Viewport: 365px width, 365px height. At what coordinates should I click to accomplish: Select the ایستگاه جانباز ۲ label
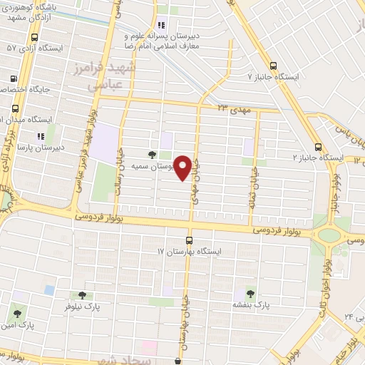[319, 157]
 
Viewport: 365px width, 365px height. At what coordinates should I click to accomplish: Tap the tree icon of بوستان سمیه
[151, 153]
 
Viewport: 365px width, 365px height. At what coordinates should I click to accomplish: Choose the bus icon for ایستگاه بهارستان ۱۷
[189, 240]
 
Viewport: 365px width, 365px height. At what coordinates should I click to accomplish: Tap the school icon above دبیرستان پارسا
[41, 135]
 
